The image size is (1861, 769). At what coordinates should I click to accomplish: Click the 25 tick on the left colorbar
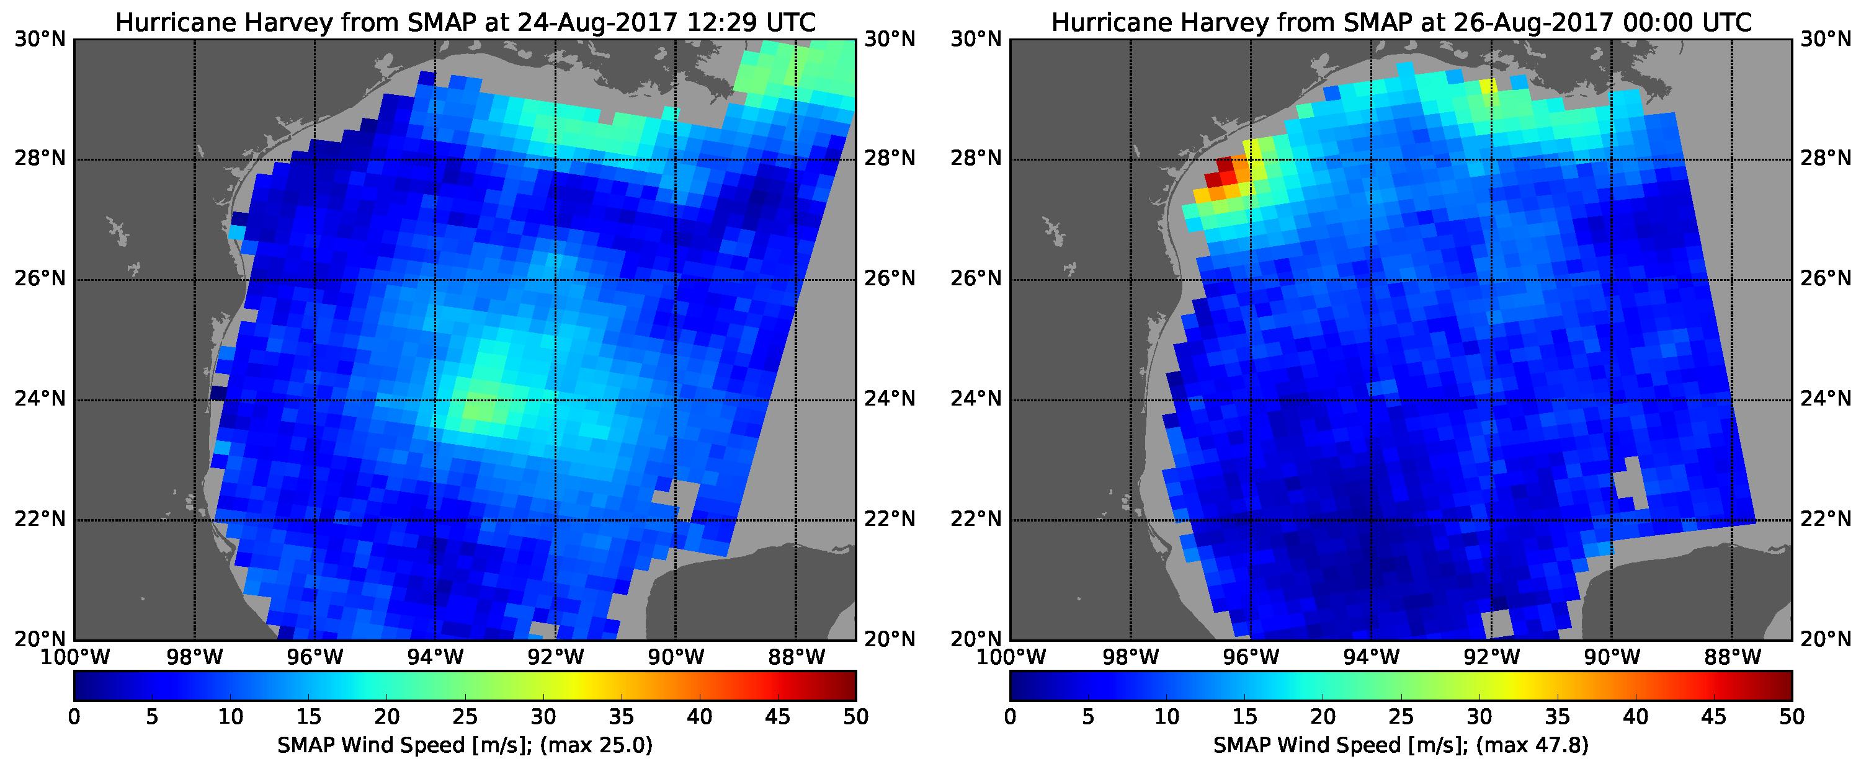(x=465, y=717)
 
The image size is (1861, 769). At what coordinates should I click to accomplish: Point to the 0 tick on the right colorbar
(x=1010, y=717)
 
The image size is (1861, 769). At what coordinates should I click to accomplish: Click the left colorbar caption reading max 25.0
(x=465, y=746)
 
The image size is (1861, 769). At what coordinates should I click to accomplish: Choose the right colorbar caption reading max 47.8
(x=1401, y=746)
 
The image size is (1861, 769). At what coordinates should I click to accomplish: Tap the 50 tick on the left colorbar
(x=855, y=717)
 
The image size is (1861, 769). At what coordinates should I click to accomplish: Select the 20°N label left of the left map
(x=39, y=639)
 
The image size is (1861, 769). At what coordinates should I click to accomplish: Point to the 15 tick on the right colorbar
(x=1244, y=717)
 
